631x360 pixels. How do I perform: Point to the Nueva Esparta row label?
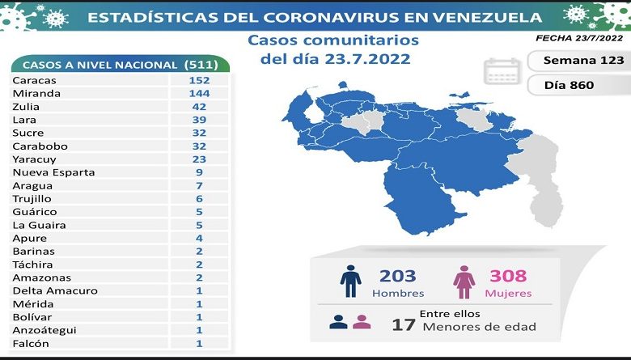point(53,172)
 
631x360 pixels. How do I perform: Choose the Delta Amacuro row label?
point(55,290)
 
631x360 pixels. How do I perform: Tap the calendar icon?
point(502,72)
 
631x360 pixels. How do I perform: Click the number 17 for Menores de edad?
point(404,326)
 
